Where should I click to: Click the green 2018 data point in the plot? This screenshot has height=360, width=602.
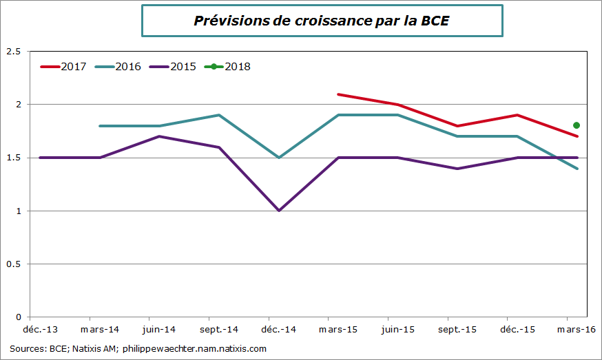tap(577, 125)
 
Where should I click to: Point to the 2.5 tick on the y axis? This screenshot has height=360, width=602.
tap(13, 52)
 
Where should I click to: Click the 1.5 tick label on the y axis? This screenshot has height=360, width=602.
tap(13, 158)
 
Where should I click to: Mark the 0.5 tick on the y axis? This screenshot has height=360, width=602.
tap(13, 264)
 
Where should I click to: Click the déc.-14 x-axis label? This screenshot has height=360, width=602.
tap(278, 330)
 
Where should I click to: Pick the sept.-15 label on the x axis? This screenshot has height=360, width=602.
tap(457, 330)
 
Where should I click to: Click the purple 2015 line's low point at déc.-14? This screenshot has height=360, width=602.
tap(279, 211)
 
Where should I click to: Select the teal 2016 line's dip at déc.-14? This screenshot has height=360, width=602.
tap(279, 158)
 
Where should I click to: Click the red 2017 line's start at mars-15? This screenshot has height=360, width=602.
tap(338, 94)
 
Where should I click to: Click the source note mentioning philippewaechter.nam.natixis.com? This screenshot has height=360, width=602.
tap(138, 349)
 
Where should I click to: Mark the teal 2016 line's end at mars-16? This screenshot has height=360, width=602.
tap(577, 169)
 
